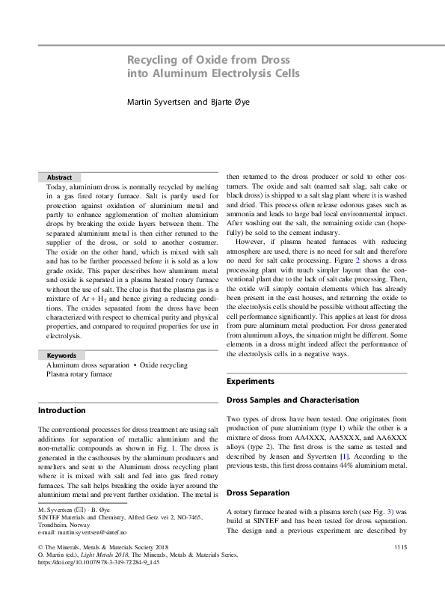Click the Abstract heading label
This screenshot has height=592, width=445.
point(59,177)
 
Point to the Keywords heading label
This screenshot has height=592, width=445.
point(61,355)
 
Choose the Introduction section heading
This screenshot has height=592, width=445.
point(61,410)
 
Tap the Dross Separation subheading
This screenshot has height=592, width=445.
point(259,493)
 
